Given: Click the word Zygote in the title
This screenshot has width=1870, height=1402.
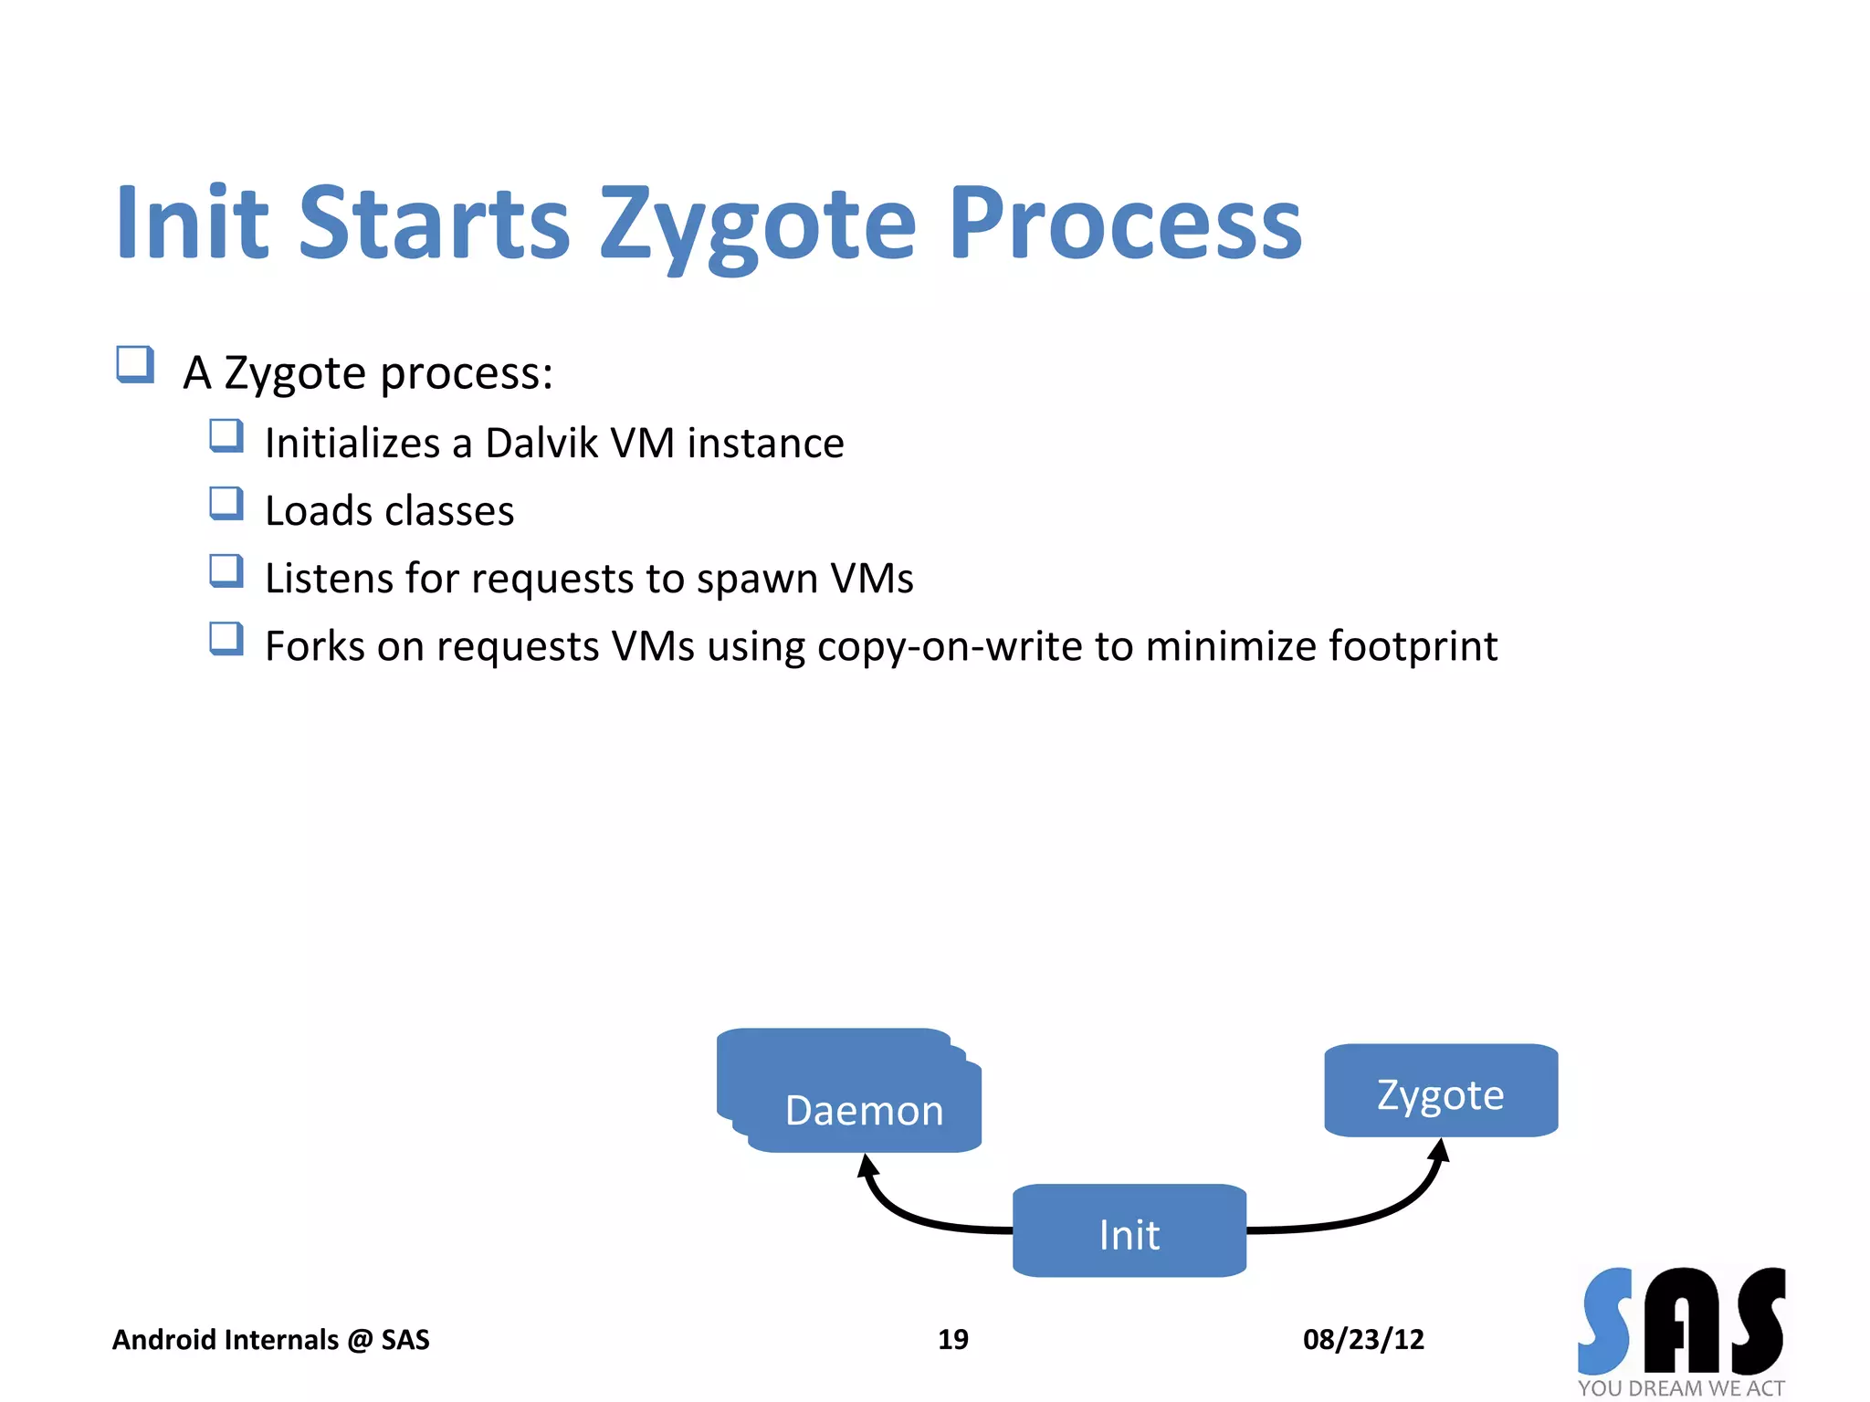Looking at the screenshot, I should (x=758, y=224).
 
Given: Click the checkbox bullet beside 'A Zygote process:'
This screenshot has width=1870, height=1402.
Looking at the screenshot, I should (x=135, y=364).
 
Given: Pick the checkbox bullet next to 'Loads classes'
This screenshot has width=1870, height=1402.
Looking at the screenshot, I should (x=226, y=503).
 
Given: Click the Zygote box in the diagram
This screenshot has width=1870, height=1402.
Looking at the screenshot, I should (x=1440, y=1092).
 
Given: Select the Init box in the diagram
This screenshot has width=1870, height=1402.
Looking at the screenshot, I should (x=1129, y=1232).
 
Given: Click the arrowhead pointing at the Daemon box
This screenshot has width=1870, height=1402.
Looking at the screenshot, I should (x=867, y=1166).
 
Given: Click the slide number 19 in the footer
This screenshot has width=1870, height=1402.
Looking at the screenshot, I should (x=952, y=1339).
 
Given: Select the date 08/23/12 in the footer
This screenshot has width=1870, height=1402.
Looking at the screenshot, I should (x=1363, y=1339).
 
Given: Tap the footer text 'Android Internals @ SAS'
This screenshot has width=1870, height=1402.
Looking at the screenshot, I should (x=270, y=1339).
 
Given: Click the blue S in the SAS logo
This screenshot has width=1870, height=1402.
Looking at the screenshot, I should (x=1606, y=1321).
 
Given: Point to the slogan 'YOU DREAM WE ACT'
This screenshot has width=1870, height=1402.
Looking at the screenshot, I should (x=1681, y=1388).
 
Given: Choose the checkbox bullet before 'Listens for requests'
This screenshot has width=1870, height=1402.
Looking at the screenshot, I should (x=226, y=571).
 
